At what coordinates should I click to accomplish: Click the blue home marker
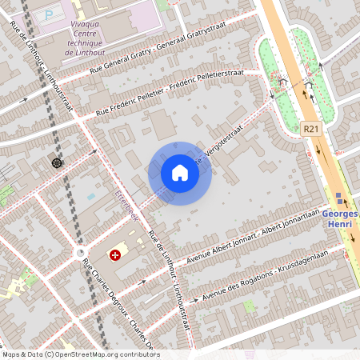pos(180,173)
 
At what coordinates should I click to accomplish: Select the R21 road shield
pos(312,128)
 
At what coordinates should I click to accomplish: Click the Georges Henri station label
pos(341,220)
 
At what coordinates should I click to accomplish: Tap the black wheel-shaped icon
pos(57,163)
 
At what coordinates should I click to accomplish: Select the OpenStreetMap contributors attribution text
pos(81,354)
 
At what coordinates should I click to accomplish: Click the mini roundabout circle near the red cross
pos(80,253)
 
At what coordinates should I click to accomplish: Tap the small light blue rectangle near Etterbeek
pos(90,196)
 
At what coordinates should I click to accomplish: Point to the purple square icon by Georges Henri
pos(338,197)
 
